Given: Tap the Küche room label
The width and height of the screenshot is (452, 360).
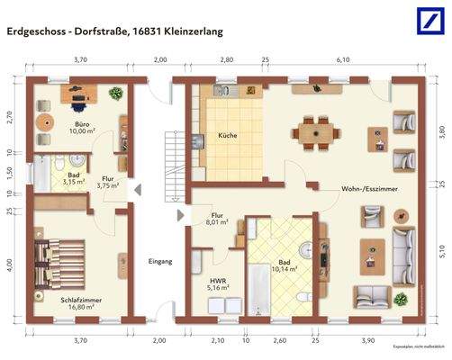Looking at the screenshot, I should (x=227, y=136).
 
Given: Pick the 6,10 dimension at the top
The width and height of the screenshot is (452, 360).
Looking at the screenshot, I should (x=343, y=59).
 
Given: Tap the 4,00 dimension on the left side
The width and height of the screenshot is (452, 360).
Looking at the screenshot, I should (x=10, y=266).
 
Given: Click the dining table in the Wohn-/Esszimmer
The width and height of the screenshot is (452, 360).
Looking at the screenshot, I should (x=318, y=131).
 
